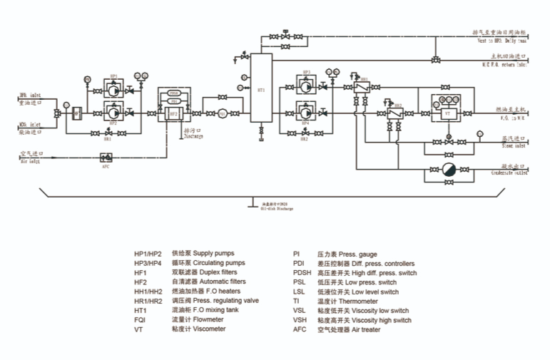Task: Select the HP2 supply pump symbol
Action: pyautogui.click(x=112, y=111)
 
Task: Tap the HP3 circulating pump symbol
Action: pyautogui.click(x=305, y=87)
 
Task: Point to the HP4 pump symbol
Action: pyautogui.click(x=305, y=111)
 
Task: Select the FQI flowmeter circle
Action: pyautogui.click(x=222, y=113)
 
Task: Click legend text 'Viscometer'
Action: pyautogui.click(x=210, y=329)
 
